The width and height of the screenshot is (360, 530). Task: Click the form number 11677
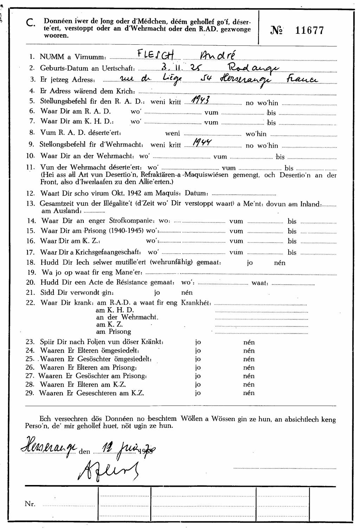click(x=309, y=31)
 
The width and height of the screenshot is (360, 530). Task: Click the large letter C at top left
click(x=31, y=24)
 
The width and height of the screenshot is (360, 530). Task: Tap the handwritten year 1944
click(x=200, y=142)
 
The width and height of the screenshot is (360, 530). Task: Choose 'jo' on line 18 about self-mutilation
click(x=250, y=263)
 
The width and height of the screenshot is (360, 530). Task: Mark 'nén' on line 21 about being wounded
click(x=187, y=292)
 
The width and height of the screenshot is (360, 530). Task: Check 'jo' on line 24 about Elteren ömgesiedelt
click(x=198, y=350)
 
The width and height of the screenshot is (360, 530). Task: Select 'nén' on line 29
click(x=249, y=393)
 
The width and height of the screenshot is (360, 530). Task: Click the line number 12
click(x=30, y=193)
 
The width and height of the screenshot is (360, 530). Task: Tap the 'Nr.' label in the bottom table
click(x=30, y=504)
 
